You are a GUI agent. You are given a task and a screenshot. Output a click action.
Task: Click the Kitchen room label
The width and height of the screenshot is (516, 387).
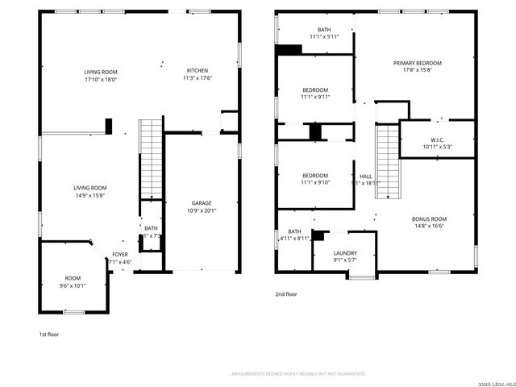pyautogui.click(x=198, y=70)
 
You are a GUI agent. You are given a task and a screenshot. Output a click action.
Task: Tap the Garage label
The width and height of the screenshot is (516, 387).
pyautogui.click(x=202, y=203)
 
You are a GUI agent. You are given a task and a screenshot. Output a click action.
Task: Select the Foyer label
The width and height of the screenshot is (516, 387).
pyautogui.click(x=120, y=254)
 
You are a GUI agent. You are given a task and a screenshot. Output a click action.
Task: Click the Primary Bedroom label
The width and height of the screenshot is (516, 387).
pyautogui.click(x=417, y=63)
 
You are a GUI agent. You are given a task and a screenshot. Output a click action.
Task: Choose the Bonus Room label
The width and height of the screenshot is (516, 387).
pyautogui.click(x=428, y=219)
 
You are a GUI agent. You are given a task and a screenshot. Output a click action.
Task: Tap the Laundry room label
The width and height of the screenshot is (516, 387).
pyautogui.click(x=345, y=253)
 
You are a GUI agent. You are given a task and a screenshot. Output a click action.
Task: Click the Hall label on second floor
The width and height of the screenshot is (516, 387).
pyautogui.click(x=366, y=177)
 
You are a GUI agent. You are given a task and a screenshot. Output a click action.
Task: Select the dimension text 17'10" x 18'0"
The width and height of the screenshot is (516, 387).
pyautogui.click(x=101, y=79)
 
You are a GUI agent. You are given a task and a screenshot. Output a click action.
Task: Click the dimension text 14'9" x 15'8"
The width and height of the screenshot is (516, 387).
pyautogui.click(x=89, y=195)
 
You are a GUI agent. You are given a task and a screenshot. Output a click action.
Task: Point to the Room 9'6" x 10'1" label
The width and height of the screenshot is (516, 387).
pyautogui.click(x=73, y=281)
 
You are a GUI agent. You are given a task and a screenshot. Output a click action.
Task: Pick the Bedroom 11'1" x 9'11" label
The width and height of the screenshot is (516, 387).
pyautogui.click(x=315, y=94)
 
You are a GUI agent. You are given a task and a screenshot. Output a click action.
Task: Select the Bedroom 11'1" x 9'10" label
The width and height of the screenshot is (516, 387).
pyautogui.click(x=315, y=179)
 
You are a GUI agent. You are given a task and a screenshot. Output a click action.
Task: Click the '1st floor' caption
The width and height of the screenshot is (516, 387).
pyautogui.click(x=49, y=334)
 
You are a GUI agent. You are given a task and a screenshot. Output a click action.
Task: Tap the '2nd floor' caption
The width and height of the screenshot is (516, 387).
pyautogui.click(x=286, y=294)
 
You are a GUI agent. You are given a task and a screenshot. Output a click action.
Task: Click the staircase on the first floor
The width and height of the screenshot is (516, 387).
pyautogui.click(x=151, y=159)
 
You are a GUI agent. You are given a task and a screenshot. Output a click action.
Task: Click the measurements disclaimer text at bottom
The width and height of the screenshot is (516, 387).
pyautogui.click(x=298, y=374)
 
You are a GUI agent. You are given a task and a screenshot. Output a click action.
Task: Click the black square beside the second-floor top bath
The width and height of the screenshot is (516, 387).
pyautogui.click(x=288, y=49)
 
